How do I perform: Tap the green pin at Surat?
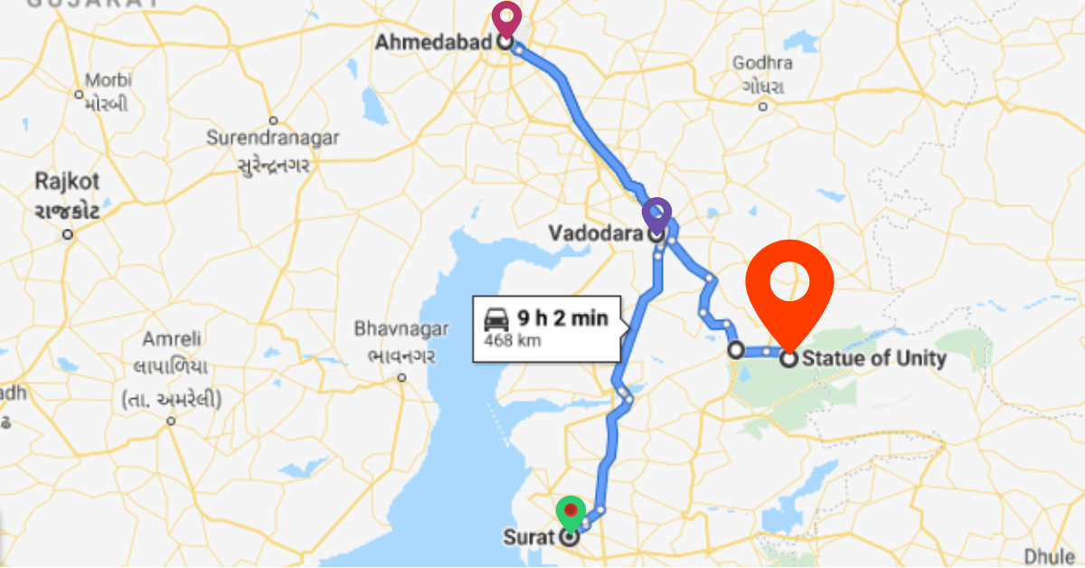pos(570,513)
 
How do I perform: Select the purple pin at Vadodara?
pos(656,215)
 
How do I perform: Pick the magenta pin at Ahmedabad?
pos(506,17)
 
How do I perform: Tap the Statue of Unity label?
pos(874,359)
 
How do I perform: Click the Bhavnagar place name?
pos(395,327)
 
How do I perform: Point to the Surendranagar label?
pos(273,138)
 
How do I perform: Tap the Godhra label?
pos(763,63)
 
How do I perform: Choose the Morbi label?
pos(108,80)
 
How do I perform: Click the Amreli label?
pos(171,340)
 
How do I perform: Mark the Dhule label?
pos(1050,555)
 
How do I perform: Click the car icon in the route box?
pos(495,318)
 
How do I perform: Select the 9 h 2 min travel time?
pos(561,318)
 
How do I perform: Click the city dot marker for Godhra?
pos(763,106)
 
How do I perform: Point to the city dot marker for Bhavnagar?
pos(401,378)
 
